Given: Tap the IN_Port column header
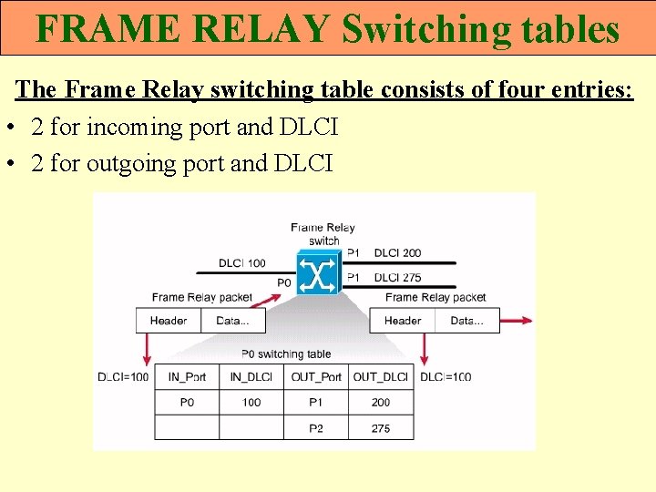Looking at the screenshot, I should point(187,377).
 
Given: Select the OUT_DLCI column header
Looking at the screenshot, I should point(380,377).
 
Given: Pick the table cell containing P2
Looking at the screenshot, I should point(315,427).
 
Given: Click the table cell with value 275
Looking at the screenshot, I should point(380,427).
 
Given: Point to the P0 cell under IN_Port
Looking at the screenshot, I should point(187,402).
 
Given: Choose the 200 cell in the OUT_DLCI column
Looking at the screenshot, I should point(380,402).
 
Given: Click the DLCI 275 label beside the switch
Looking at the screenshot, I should point(397,277).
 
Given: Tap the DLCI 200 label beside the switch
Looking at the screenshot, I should point(397,252).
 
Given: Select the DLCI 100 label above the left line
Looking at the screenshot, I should point(241,263).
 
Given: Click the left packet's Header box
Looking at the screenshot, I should point(169,321).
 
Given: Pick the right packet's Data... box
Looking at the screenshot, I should point(467,321).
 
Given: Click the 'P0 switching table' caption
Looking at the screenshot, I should point(286,354).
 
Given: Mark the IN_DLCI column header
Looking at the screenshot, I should point(251,377).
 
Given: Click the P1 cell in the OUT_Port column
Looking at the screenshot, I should point(315,402).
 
